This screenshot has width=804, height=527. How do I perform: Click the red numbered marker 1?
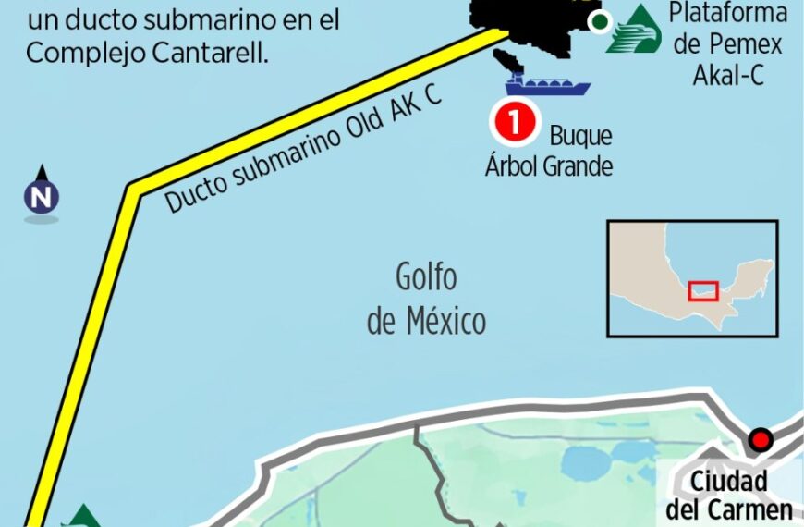point(515,123)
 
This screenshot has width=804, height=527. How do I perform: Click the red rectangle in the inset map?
point(703,290)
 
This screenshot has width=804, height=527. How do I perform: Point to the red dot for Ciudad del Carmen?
point(761,440)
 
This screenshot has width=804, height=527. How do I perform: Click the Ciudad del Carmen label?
point(729,496)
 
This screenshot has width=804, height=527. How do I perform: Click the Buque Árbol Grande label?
point(551,151)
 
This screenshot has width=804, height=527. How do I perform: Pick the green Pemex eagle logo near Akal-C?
point(635,31)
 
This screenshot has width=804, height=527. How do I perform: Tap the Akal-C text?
point(729,75)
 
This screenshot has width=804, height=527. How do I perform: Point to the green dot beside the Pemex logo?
point(600,21)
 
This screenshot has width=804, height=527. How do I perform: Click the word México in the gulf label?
point(445,323)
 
